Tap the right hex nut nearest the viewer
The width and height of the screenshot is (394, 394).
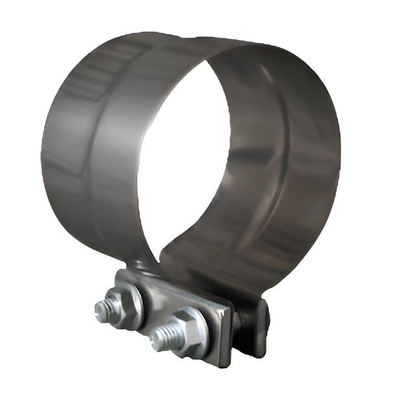pos(188,332)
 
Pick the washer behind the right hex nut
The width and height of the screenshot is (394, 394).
pos(201,327)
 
